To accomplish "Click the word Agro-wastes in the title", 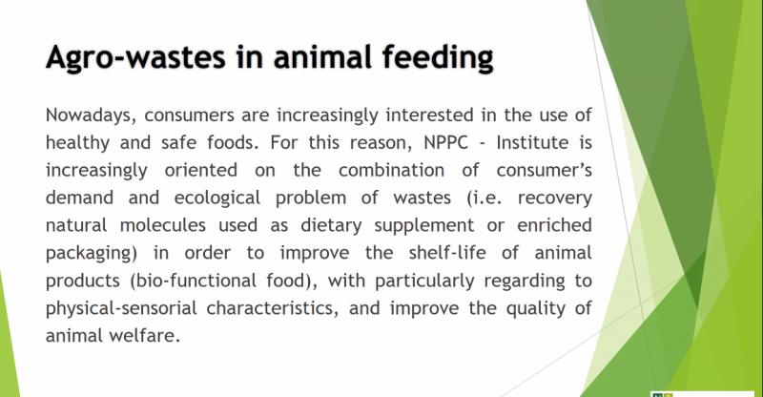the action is (135, 58).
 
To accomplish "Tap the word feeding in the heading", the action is (438, 58).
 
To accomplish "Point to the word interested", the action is (430, 115).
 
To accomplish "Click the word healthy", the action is (77, 143).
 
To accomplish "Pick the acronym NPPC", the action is (445, 143).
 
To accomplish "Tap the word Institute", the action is (532, 143).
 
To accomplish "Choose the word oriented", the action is (201, 170).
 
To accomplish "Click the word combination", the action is (391, 170).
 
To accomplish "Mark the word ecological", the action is (217, 198).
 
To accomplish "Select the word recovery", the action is (555, 198).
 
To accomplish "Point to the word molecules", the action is (163, 225).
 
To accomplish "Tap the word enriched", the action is (554, 225).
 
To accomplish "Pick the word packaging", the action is (89, 254).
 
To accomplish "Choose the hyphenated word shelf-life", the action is (447, 252).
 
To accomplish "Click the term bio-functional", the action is (197, 281).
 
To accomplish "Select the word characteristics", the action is (270, 308).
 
